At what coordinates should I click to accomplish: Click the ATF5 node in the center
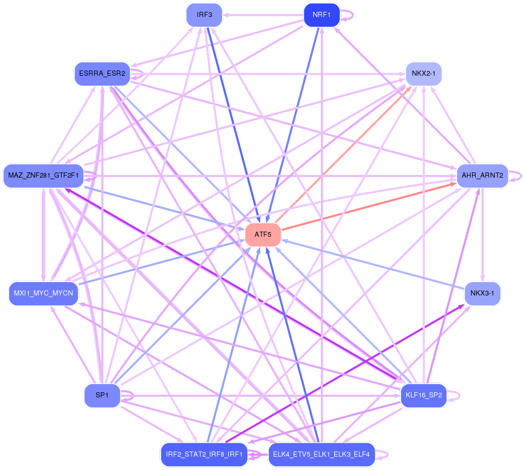click(x=263, y=235)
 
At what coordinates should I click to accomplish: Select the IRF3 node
click(x=204, y=15)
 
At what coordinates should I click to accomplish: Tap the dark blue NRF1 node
click(x=321, y=15)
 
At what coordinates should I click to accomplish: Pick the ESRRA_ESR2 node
click(x=102, y=73)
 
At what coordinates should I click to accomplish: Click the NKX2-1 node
click(x=423, y=74)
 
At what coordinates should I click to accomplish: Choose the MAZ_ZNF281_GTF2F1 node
click(x=43, y=176)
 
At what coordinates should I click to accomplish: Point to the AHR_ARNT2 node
click(x=482, y=176)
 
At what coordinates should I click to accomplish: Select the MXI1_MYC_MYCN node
click(x=43, y=293)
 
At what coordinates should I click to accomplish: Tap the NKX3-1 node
click(x=482, y=293)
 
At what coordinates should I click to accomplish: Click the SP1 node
click(x=102, y=395)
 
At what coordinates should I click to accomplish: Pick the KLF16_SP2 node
click(x=423, y=395)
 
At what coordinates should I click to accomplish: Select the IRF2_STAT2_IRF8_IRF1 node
click(x=204, y=455)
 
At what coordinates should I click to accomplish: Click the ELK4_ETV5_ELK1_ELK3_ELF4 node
click(x=321, y=455)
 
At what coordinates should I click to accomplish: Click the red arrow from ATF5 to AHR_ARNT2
click(x=370, y=206)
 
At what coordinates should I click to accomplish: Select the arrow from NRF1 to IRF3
click(x=262, y=15)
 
